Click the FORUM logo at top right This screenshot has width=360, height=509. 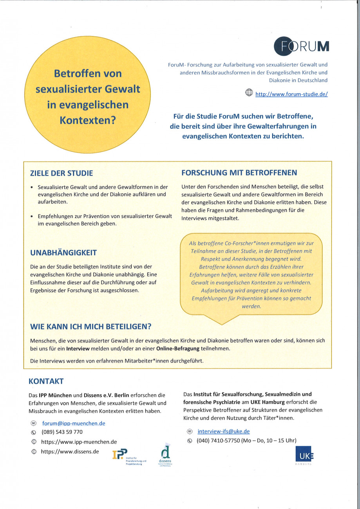(301, 46)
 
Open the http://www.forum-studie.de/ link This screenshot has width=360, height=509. (291, 94)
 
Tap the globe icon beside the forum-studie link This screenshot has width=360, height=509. (249, 93)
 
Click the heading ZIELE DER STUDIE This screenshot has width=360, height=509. (62, 173)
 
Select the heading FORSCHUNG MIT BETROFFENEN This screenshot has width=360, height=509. (239, 173)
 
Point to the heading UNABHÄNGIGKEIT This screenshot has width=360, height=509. (63, 253)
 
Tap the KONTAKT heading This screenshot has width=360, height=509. (46, 381)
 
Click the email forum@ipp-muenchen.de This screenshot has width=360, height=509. (74, 423)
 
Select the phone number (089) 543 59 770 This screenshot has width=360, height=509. (62, 432)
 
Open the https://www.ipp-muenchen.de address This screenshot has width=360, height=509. (79, 442)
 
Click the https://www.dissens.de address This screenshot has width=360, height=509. (70, 451)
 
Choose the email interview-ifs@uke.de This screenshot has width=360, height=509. (223, 431)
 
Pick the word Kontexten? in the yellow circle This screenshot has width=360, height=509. (88, 120)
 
